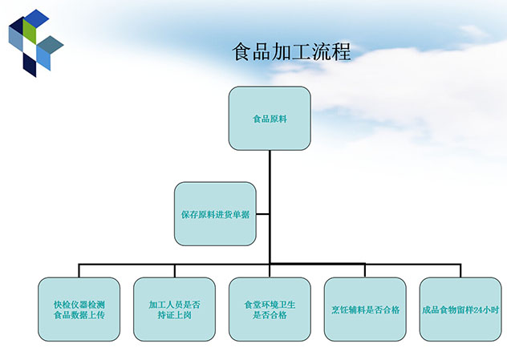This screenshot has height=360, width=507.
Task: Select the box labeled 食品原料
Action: [270, 119]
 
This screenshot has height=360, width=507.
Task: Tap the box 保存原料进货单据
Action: [215, 214]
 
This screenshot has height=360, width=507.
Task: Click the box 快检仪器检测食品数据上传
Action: [79, 309]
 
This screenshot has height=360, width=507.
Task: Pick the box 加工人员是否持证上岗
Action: [174, 309]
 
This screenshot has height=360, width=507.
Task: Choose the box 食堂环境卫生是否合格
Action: [270, 309]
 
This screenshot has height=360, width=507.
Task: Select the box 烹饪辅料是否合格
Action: [365, 309]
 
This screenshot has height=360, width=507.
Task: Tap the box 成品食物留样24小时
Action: [460, 309]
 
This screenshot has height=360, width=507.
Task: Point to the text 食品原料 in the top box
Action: [270, 119]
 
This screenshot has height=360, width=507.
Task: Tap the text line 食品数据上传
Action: [79, 315]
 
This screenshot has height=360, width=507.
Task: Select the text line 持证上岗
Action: [174, 315]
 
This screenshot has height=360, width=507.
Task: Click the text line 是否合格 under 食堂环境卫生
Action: [270, 315]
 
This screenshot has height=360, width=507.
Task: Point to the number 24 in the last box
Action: [479, 309]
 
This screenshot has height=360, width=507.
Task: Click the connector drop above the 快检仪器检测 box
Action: [79, 270]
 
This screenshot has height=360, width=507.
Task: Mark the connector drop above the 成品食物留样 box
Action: [460, 270]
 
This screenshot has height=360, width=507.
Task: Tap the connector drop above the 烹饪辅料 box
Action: [365, 270]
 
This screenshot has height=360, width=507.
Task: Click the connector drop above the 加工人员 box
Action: [174, 270]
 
